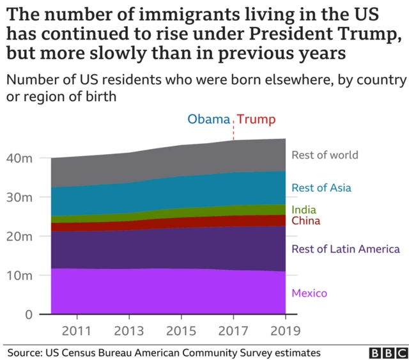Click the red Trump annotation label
pyautogui.click(x=256, y=120)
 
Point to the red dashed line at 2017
pyautogui.click(x=233, y=131)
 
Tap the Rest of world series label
pyautogui.click(x=325, y=155)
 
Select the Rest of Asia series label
pyautogui.click(x=321, y=188)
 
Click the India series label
pyautogui.click(x=304, y=210)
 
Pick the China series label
pyautogui.click(x=306, y=221)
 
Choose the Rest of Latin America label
pyautogui.click(x=346, y=249)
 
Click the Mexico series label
pyautogui.click(x=309, y=293)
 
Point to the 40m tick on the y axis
pyautogui.click(x=29, y=158)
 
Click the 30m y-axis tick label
pyautogui.click(x=29, y=197)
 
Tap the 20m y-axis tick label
pyautogui.click(x=29, y=236)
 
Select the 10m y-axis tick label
pyautogui.click(x=29, y=276)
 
